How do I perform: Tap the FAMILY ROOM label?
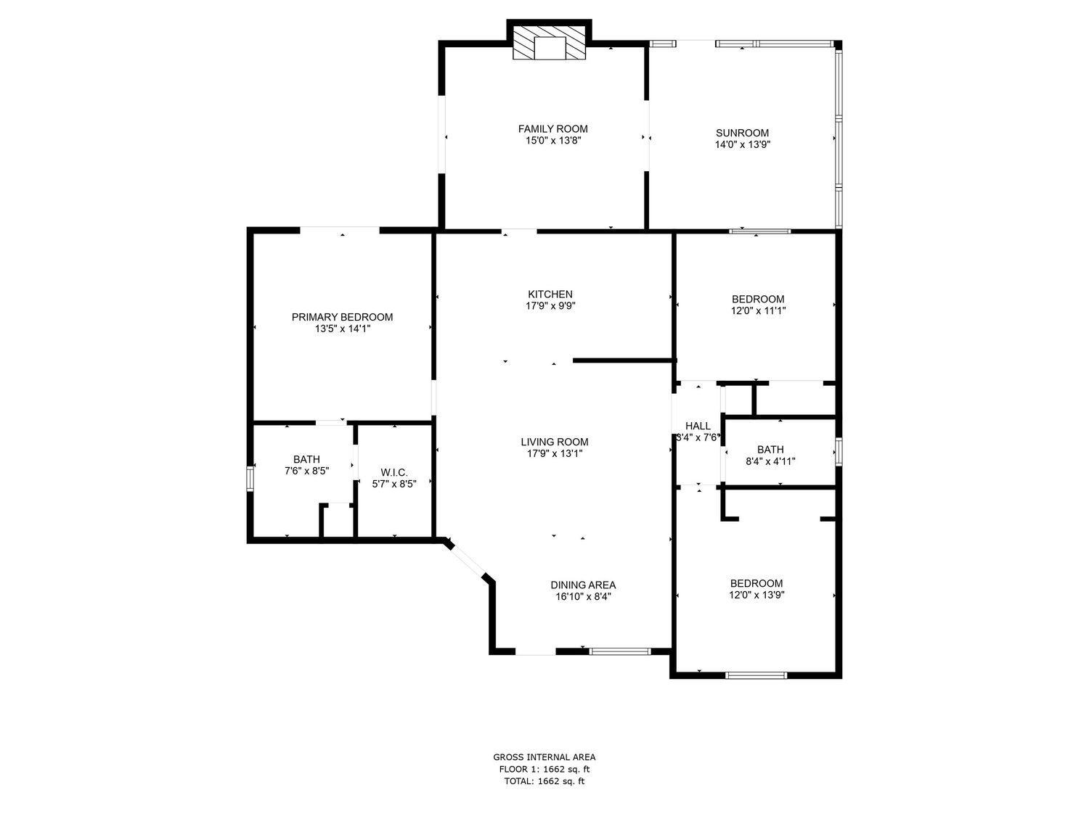point(552,129)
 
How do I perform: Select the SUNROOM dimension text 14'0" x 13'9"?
point(742,144)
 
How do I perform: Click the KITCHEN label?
point(550,294)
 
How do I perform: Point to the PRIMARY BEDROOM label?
point(342,317)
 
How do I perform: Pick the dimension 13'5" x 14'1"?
point(343,329)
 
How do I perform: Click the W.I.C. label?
point(394,473)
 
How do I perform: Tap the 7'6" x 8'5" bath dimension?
point(306,471)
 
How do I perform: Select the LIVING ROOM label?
point(554,442)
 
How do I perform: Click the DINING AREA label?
point(583,585)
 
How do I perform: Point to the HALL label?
point(698,426)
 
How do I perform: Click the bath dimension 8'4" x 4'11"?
point(770,462)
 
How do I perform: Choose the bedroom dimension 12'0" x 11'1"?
point(758,311)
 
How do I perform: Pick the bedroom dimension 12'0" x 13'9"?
point(756,595)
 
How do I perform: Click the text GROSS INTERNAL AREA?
point(544,757)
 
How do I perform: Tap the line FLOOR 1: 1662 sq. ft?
point(544,770)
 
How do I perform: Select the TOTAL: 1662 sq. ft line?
point(544,781)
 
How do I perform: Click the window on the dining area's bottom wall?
point(620,651)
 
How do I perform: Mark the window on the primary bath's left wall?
point(250,479)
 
